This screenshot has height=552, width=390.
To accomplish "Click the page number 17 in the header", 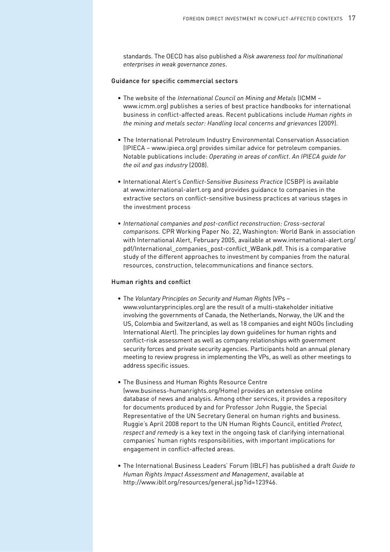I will click(352, 18).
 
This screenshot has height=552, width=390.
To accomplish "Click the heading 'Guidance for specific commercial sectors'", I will click(175, 81).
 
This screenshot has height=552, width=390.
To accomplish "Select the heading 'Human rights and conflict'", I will click(151, 281).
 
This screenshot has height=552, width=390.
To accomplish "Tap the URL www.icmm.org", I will click(143, 107).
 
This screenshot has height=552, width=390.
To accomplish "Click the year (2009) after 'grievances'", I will click(328, 123).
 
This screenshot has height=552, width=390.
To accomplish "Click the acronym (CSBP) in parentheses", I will click(296, 182).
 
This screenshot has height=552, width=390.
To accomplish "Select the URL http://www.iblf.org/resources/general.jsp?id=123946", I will click(200, 482).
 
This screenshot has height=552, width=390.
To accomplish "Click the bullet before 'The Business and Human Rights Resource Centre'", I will click(118, 382).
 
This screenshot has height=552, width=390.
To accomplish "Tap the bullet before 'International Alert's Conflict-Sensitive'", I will click(118, 182).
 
